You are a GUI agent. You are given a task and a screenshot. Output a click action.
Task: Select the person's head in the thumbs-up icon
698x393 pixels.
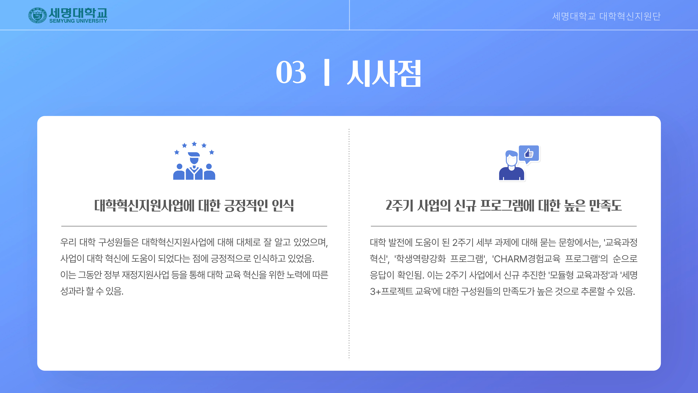tap(511, 159)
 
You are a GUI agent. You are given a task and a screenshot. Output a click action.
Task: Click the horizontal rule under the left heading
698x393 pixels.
tap(194, 226)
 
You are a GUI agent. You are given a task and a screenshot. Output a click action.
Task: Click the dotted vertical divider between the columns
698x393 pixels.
tap(349, 244)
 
